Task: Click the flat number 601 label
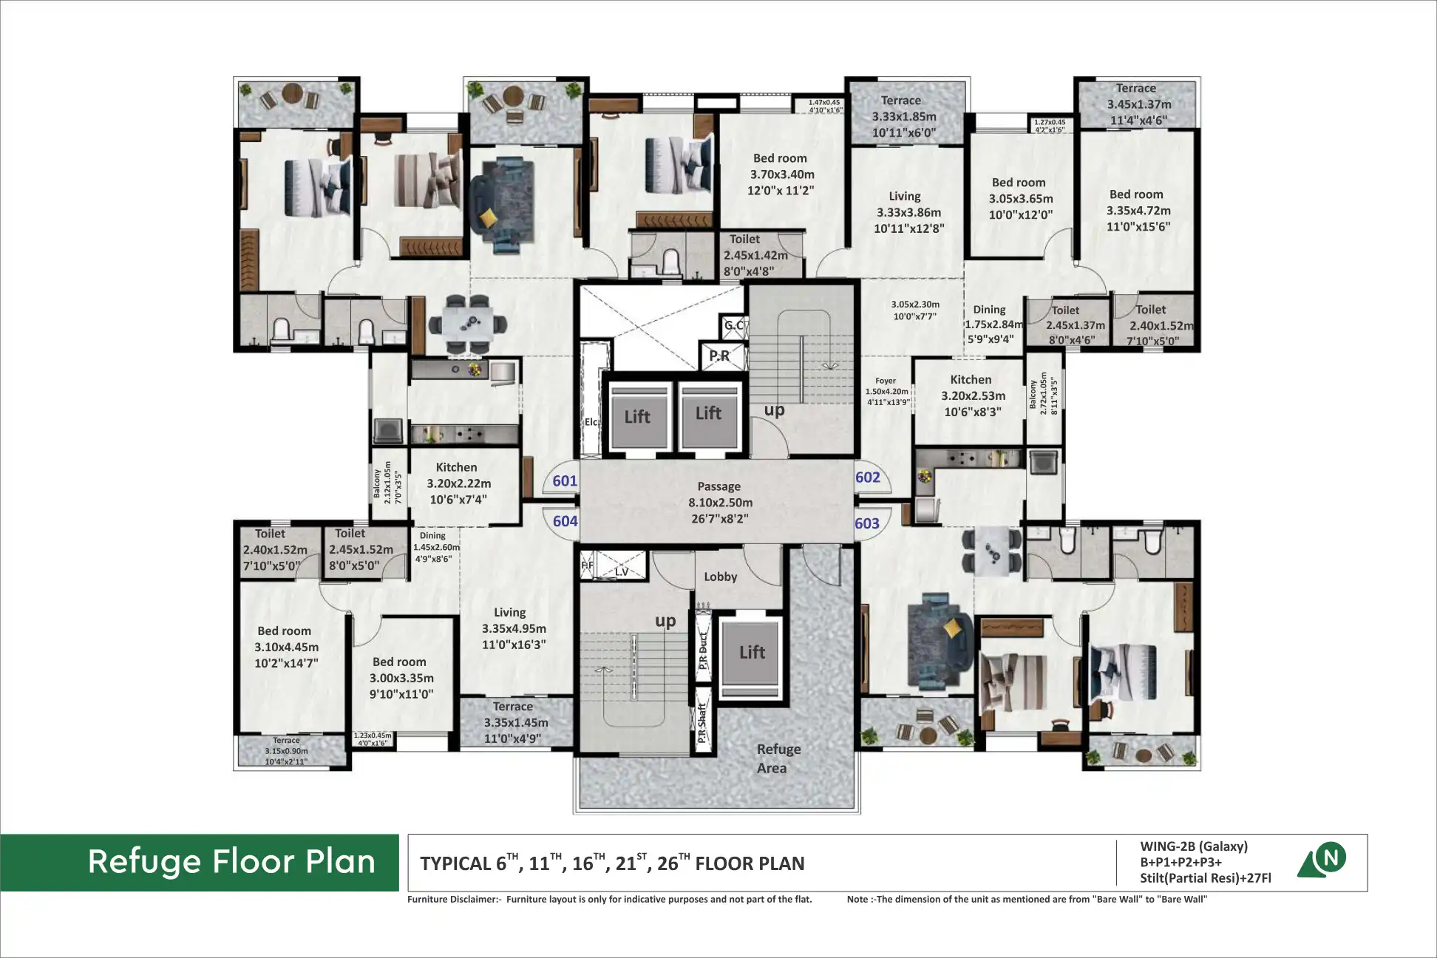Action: (565, 481)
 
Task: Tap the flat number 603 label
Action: (867, 524)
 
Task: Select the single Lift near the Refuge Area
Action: (752, 653)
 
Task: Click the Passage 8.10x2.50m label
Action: (718, 503)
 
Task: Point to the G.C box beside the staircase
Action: (733, 325)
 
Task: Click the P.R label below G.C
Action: (718, 356)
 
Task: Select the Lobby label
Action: (720, 577)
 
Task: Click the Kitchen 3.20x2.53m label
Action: (972, 395)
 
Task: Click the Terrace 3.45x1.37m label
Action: (1138, 104)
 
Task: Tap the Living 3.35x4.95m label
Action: (513, 628)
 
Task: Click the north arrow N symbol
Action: (1331, 857)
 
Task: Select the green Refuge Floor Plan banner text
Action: (231, 862)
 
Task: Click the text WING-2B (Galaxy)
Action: (1193, 846)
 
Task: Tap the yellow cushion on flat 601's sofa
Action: (489, 217)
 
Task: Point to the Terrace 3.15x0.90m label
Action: (287, 751)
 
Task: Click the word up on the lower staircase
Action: (665, 621)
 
